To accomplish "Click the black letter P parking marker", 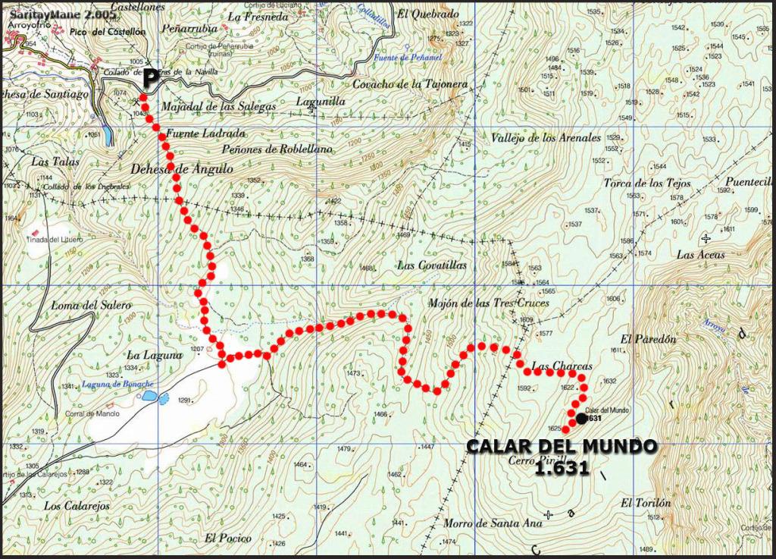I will (151, 77).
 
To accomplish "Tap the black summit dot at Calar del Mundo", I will (580, 418).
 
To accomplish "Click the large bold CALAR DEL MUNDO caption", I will (561, 447).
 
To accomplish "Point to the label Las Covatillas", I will (432, 265).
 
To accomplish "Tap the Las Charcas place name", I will (562, 366).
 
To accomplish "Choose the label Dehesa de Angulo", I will (181, 169).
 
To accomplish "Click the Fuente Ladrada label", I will (196, 133).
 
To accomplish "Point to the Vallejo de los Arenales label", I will (546, 138).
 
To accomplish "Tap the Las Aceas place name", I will (700, 255).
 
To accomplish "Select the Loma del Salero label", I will (91, 305).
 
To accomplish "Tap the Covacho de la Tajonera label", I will (421, 84).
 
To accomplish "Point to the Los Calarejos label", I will (77, 506).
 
